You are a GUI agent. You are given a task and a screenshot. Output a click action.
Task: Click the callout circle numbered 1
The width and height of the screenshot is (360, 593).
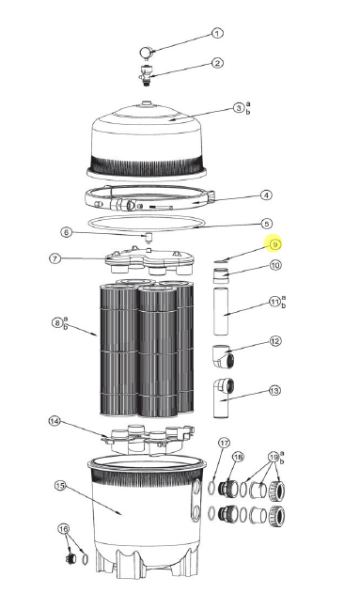(217, 34)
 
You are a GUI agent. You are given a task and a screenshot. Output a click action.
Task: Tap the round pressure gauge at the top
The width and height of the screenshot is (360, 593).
(147, 53)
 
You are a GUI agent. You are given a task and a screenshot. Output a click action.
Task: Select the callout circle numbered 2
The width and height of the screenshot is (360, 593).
(217, 63)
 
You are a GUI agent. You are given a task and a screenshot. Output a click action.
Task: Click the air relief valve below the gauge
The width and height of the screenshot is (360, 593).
(146, 74)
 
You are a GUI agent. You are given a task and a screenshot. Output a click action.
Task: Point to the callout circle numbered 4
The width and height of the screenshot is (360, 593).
(266, 195)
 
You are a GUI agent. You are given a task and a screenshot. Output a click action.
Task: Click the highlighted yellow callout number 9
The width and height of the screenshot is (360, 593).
(274, 244)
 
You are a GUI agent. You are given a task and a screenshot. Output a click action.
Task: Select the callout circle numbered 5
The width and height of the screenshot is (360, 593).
(267, 224)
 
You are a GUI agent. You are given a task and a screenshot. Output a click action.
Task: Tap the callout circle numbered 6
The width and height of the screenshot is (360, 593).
(66, 232)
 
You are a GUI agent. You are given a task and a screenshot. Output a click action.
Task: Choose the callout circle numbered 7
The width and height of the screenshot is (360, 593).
(55, 258)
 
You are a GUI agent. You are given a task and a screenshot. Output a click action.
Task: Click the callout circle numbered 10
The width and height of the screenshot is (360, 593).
(275, 265)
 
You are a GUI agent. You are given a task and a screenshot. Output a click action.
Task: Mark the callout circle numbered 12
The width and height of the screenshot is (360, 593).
(275, 341)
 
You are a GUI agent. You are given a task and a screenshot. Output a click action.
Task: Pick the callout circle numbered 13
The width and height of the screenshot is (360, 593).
(274, 390)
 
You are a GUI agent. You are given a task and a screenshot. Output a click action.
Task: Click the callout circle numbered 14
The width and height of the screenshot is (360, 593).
(55, 421)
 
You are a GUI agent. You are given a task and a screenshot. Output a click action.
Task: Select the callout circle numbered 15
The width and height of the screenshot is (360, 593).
(60, 486)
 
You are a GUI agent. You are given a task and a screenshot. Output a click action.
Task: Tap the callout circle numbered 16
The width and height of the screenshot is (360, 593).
(64, 528)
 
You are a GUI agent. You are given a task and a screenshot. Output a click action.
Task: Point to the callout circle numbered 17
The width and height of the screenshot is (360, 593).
(225, 443)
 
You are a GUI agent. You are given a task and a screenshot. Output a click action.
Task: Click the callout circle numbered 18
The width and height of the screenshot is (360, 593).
(238, 458)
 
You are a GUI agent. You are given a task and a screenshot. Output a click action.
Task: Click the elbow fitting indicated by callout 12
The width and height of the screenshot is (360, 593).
(223, 356)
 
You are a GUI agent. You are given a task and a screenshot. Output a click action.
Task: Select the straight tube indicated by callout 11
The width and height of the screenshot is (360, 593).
(221, 311)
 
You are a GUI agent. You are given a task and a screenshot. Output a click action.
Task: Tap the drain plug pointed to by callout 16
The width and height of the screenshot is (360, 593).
(70, 558)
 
